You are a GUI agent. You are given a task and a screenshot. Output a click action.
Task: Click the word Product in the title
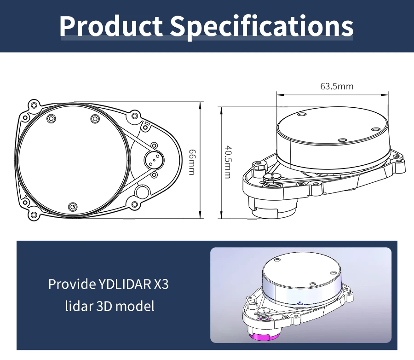[111, 26]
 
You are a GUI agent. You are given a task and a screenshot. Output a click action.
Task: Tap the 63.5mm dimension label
[337, 86]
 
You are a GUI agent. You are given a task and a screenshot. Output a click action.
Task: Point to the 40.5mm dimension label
[228, 162]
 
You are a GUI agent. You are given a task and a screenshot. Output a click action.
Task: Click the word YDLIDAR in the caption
[124, 284]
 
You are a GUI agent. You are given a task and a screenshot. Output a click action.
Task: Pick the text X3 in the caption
[161, 284]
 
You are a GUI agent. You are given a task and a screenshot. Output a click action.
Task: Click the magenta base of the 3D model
[261, 337]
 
